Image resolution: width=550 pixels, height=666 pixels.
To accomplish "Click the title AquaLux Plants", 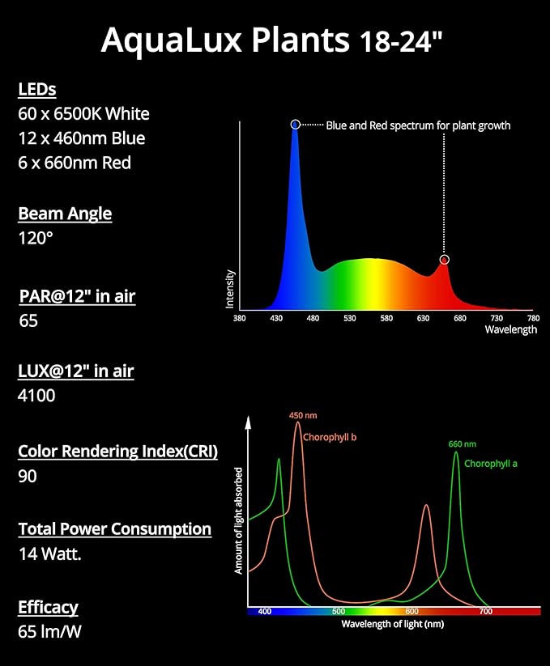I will tap(225, 40).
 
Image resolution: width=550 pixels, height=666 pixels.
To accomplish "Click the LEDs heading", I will tap(36, 89).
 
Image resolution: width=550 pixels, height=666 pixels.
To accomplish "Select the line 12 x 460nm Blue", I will tap(81, 138).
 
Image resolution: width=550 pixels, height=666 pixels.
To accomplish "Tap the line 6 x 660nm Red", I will tap(74, 163).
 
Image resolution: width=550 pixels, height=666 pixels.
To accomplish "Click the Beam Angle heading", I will tap(65, 214).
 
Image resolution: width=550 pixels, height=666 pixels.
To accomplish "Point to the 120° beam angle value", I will tap(36, 238).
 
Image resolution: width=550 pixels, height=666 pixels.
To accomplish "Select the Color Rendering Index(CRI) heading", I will tap(117, 452).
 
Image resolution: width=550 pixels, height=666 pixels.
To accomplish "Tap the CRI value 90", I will tap(28, 476).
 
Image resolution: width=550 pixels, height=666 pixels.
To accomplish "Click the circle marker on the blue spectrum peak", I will tap(295, 125).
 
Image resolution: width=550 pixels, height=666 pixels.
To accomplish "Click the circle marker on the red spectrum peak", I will tap(444, 260).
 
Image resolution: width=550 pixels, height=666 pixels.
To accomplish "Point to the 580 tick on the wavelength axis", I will tap(386, 319).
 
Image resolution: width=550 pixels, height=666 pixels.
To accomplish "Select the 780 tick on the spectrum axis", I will tap(533, 319).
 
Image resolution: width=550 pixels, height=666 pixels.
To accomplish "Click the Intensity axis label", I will tap(230, 289).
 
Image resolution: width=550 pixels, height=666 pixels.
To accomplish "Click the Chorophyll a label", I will tap(491, 464).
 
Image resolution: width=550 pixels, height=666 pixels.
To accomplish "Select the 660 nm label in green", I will tap(463, 444).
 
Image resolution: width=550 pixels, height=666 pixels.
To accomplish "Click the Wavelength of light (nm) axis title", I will tap(392, 624).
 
